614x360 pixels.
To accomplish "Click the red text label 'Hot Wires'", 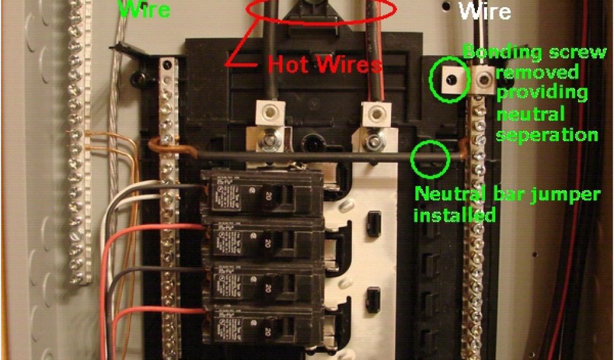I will (x=324, y=64).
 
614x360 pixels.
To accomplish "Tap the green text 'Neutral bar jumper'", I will (x=507, y=194).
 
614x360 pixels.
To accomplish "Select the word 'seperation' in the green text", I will (x=547, y=133).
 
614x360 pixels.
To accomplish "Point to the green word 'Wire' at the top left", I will (x=144, y=9).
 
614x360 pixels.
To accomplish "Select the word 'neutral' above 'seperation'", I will (x=531, y=113).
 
